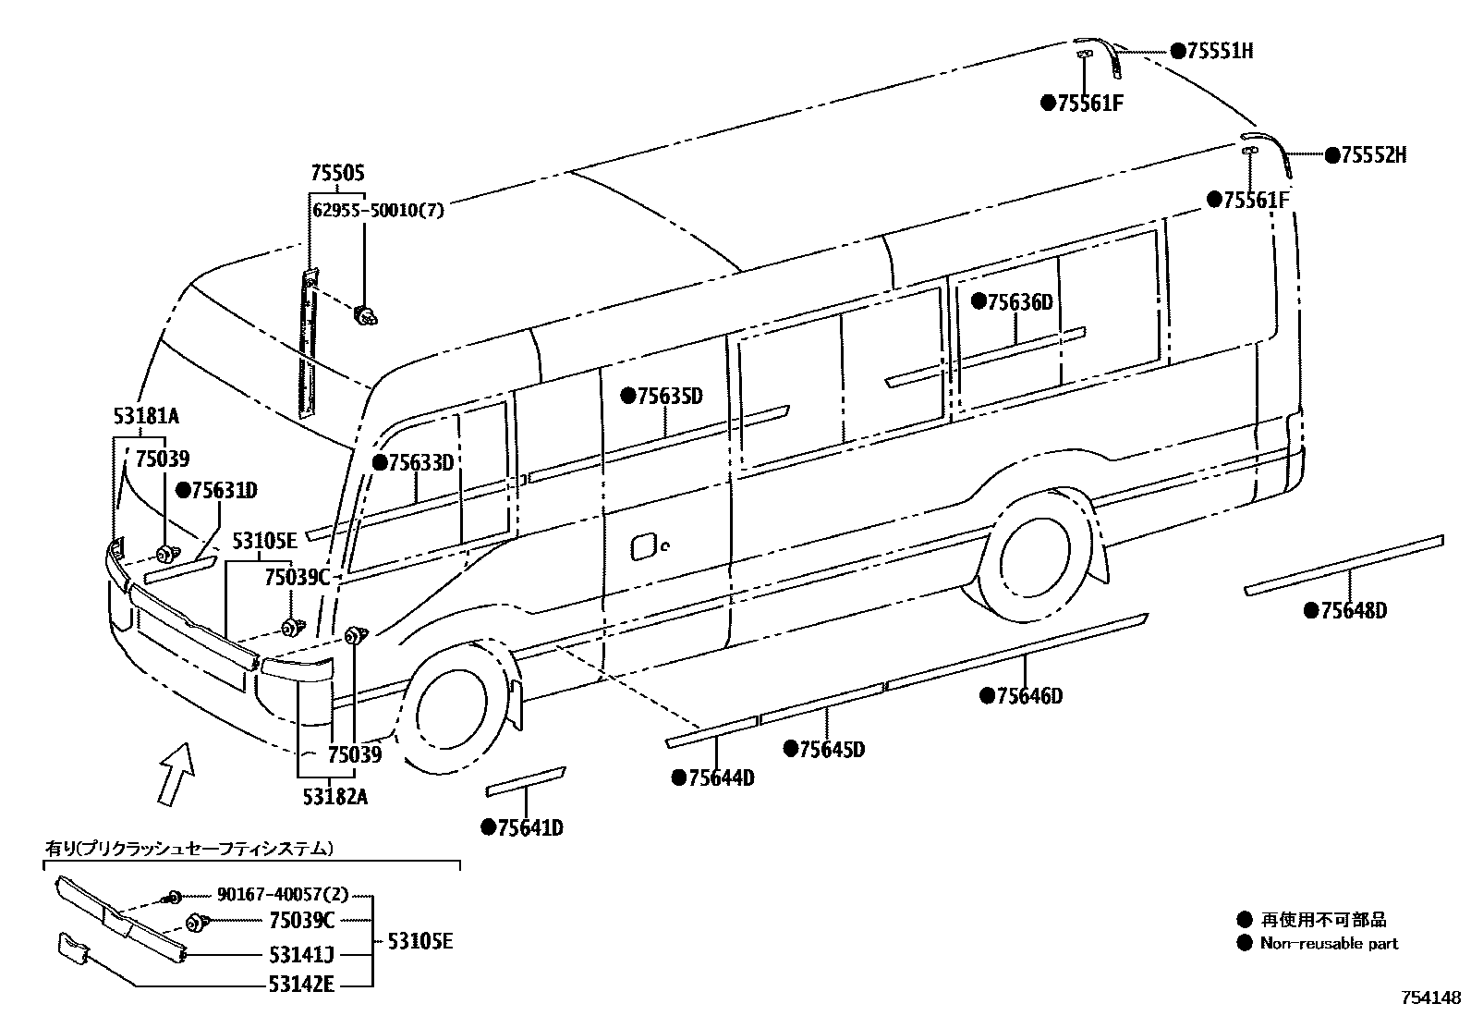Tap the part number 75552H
(x=1373, y=155)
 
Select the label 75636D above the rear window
(x=1020, y=302)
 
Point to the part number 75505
(x=337, y=173)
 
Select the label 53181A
(x=140, y=415)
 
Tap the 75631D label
(x=224, y=490)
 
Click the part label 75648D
(x=1354, y=610)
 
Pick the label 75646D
(x=1029, y=696)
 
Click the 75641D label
(x=529, y=827)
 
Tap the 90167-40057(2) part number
(x=284, y=895)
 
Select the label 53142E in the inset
(x=301, y=985)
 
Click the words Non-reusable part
(x=1330, y=944)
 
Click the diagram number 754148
(x=1431, y=998)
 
